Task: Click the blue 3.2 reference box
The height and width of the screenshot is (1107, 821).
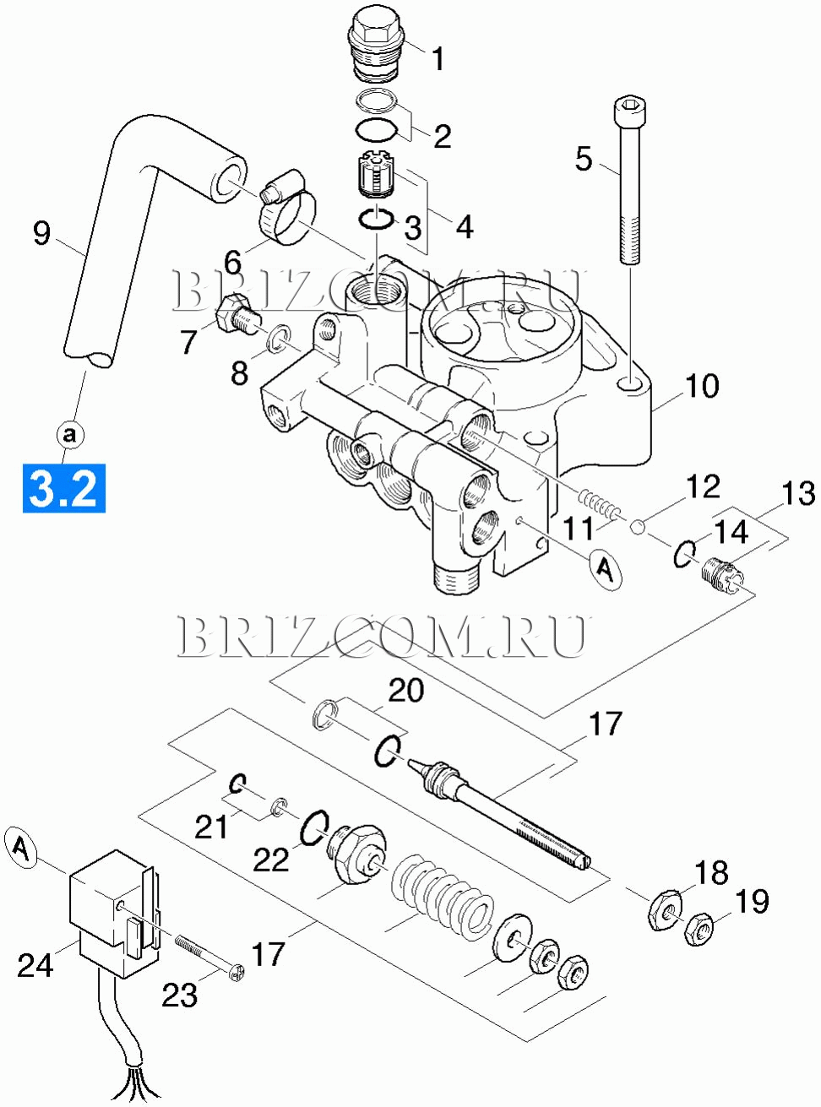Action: tap(64, 487)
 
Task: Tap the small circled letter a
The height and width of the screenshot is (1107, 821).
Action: tap(70, 435)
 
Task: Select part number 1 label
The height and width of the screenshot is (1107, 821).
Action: tap(438, 58)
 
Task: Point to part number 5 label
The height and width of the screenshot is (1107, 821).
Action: tap(584, 158)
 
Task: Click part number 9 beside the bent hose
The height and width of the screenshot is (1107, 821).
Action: tap(41, 232)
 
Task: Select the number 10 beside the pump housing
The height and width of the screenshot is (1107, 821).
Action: tap(701, 386)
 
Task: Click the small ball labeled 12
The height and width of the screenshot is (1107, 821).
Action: tap(639, 528)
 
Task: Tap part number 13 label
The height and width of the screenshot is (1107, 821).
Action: tap(798, 494)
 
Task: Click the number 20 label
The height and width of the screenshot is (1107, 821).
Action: tap(405, 691)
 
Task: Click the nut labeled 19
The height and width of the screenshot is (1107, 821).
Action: tap(699, 929)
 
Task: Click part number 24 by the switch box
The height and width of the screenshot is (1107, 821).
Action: tap(35, 964)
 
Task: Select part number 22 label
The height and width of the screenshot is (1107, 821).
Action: tap(271, 860)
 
